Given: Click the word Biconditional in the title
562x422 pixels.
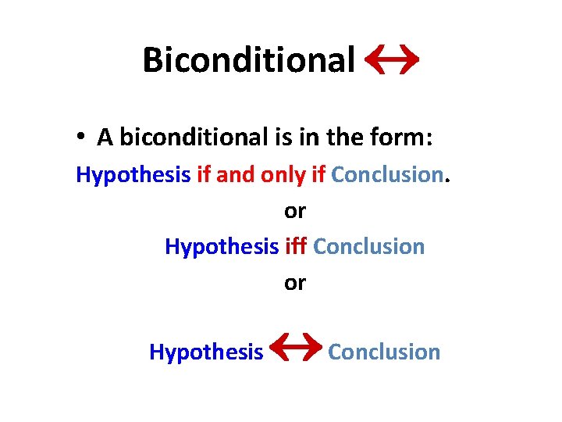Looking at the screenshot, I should [x=248, y=59].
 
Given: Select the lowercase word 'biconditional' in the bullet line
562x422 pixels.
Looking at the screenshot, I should [x=194, y=138].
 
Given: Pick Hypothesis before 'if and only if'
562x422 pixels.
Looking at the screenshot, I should [x=133, y=175].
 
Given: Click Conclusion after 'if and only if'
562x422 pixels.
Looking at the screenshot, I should [x=386, y=175].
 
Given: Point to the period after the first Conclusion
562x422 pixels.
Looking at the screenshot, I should [x=447, y=180].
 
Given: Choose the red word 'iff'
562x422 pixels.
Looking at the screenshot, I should [x=295, y=246].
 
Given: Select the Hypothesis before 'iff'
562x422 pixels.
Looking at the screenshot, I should [x=222, y=247].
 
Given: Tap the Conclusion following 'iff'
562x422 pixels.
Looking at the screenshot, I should [x=368, y=247].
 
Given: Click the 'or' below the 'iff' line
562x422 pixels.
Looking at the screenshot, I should [x=295, y=283].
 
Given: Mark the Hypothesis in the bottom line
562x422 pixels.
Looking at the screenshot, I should [x=206, y=352].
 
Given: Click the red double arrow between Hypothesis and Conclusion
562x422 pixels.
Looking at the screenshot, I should [x=294, y=349].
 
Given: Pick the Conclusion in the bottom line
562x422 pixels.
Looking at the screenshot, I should [x=384, y=352].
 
